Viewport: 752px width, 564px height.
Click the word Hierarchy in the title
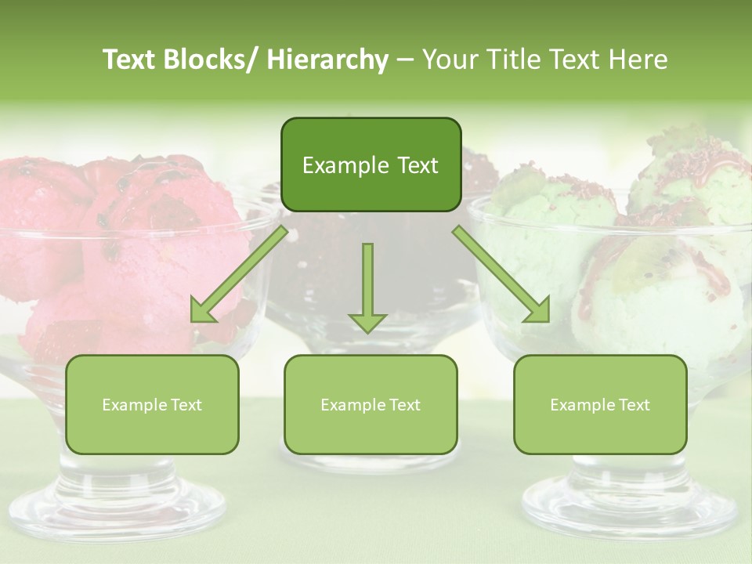click(x=327, y=60)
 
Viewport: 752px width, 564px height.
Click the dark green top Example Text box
click(x=371, y=165)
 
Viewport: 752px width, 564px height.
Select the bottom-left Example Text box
click(x=152, y=405)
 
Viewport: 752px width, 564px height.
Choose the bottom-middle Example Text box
click(x=371, y=405)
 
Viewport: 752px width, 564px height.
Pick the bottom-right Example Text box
click(x=600, y=405)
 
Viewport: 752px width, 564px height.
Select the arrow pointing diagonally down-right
click(x=502, y=275)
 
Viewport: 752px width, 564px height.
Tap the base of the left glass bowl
click(x=117, y=501)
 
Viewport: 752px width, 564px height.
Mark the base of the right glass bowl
click(x=627, y=501)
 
